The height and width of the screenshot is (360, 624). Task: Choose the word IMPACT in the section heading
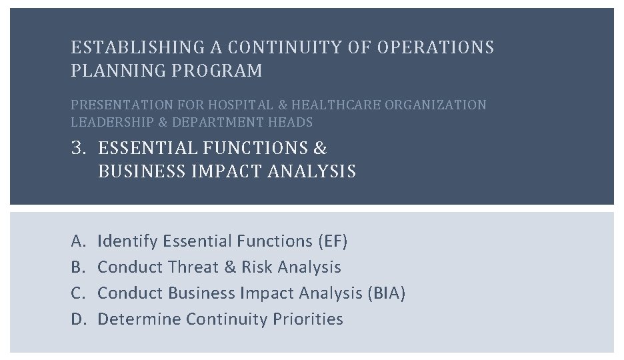point(227,171)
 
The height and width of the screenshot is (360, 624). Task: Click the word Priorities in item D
point(307,319)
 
